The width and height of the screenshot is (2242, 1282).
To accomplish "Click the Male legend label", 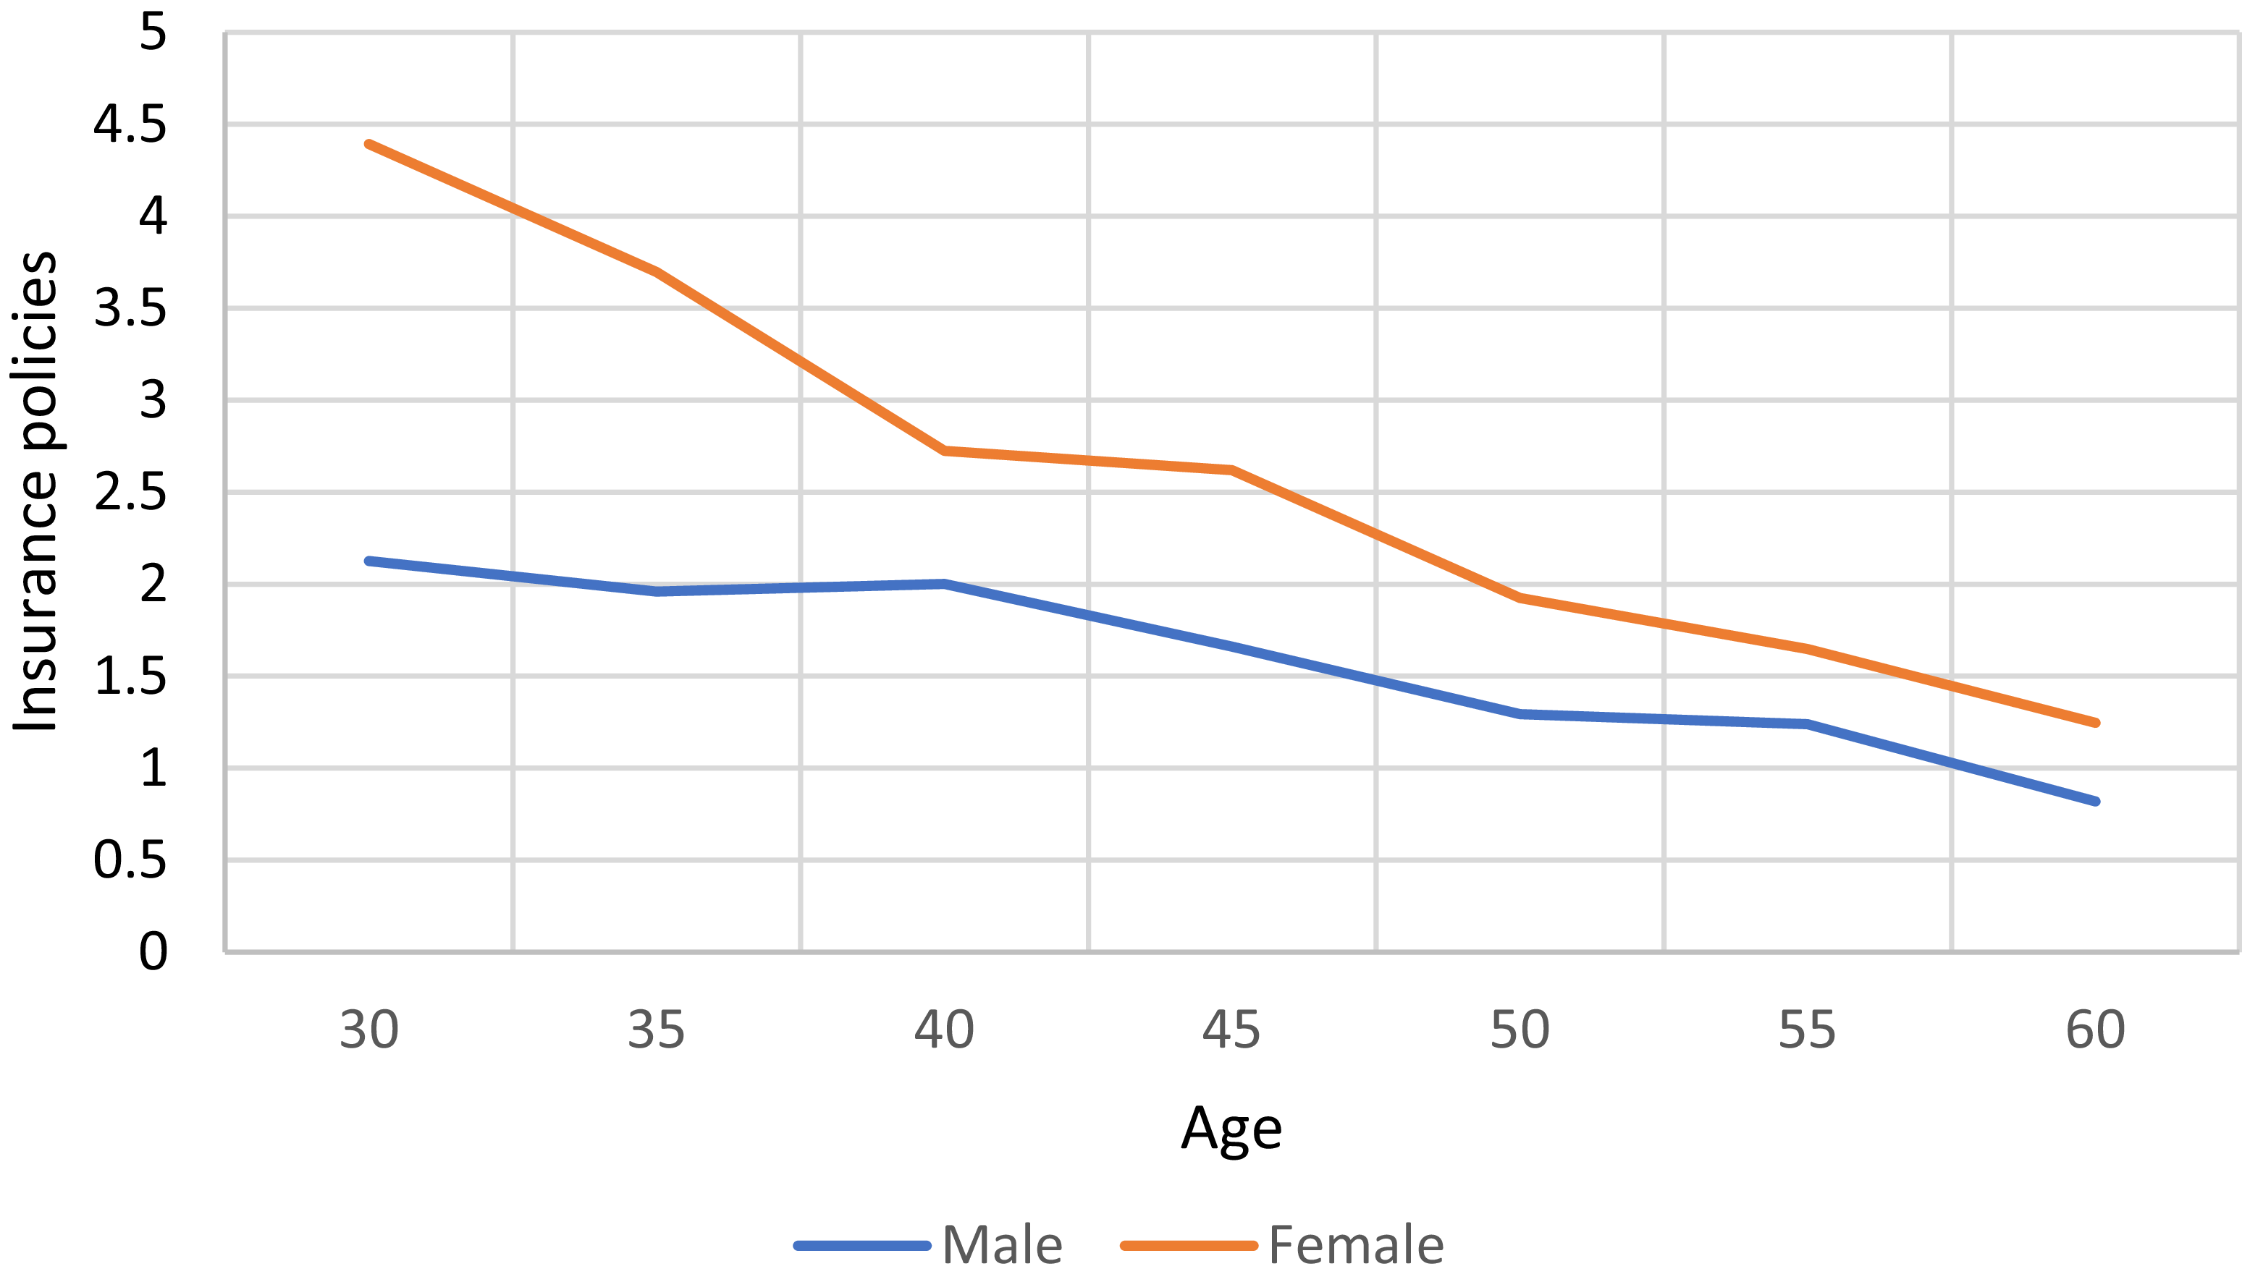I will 1002,1245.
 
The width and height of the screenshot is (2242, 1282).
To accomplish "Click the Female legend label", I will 1356,1245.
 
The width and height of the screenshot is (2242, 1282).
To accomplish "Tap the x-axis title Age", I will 1231,1129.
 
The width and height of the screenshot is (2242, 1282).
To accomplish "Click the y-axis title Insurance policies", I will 35,492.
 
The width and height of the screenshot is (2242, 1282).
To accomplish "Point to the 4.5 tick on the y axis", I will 130,125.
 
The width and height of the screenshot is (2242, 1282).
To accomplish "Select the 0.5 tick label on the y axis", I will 130,860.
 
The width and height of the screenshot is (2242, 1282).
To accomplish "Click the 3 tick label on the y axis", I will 153,401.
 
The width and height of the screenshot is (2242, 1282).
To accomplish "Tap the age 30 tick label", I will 368,1030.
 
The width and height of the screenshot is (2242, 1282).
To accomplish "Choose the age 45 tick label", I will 1231,1030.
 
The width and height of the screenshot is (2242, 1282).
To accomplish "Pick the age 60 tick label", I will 2095,1030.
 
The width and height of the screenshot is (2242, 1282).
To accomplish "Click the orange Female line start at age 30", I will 368,143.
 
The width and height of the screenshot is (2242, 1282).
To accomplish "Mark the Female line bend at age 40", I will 945,451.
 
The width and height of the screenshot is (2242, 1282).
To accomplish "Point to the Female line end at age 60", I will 2096,723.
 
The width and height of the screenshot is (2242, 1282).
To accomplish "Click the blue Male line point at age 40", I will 945,584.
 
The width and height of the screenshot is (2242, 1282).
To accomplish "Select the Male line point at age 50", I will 1520,714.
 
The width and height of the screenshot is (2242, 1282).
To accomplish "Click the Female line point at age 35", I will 657,272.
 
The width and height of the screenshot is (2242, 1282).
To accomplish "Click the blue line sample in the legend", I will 862,1246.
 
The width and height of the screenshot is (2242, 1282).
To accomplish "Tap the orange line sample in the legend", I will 1189,1246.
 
